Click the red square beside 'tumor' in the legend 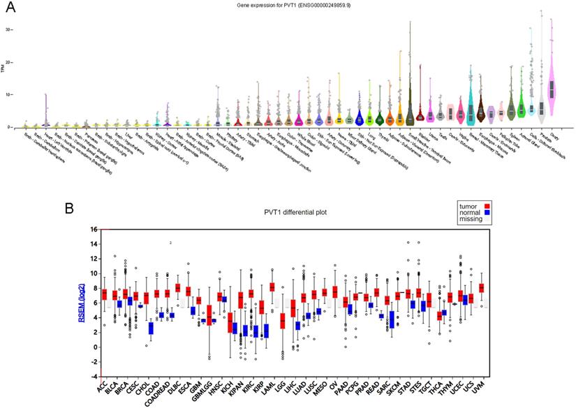(x=485, y=206)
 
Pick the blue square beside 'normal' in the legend (x=485, y=213)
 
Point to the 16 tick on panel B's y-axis (x=94, y=229)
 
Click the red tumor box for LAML (x=272, y=287)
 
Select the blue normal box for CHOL (x=151, y=327)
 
